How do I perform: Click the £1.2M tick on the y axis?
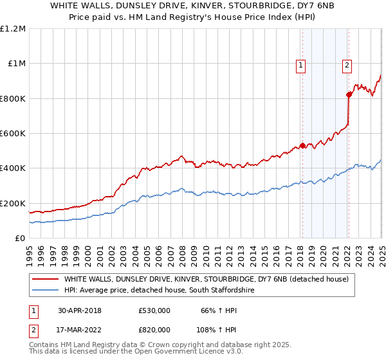click(13, 29)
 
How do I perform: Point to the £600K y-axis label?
click(13, 134)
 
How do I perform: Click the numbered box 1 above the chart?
click(301, 64)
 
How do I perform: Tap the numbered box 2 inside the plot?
click(347, 64)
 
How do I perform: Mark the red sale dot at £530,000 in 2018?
click(302, 145)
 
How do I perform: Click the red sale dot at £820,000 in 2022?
click(349, 94)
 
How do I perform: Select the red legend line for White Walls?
click(45, 279)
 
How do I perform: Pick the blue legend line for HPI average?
click(45, 291)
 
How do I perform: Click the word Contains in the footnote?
click(44, 345)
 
